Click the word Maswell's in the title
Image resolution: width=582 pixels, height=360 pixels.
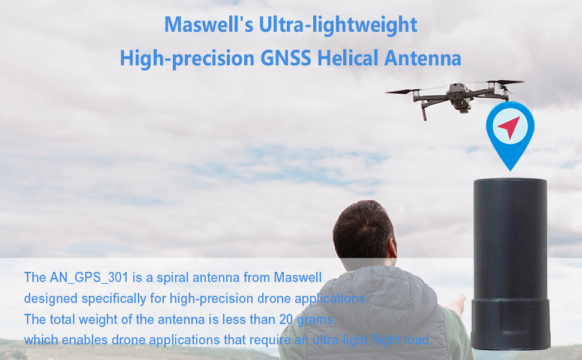pyautogui.click(x=209, y=25)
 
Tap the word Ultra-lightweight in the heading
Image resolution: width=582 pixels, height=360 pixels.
pyautogui.click(x=338, y=25)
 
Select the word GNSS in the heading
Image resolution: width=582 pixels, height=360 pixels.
pyautogui.click(x=286, y=58)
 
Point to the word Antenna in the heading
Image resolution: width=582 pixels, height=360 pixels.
pyautogui.click(x=423, y=58)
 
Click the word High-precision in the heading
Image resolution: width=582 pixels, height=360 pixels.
pyautogui.click(x=187, y=59)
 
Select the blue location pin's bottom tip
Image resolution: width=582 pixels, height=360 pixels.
pyautogui.click(x=511, y=171)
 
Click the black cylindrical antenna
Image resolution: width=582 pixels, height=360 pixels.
pyautogui.click(x=511, y=263)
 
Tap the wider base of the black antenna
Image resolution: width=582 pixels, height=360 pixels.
pyautogui.click(x=511, y=323)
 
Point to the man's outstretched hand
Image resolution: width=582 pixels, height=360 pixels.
pyautogui.click(x=457, y=305)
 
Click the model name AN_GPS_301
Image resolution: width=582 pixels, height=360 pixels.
pyautogui.click(x=89, y=278)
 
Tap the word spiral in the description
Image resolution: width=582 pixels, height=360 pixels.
pyautogui.click(x=173, y=278)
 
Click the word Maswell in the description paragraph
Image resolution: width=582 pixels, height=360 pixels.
pyautogui.click(x=298, y=277)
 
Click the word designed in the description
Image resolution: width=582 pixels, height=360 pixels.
pyautogui.click(x=51, y=299)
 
